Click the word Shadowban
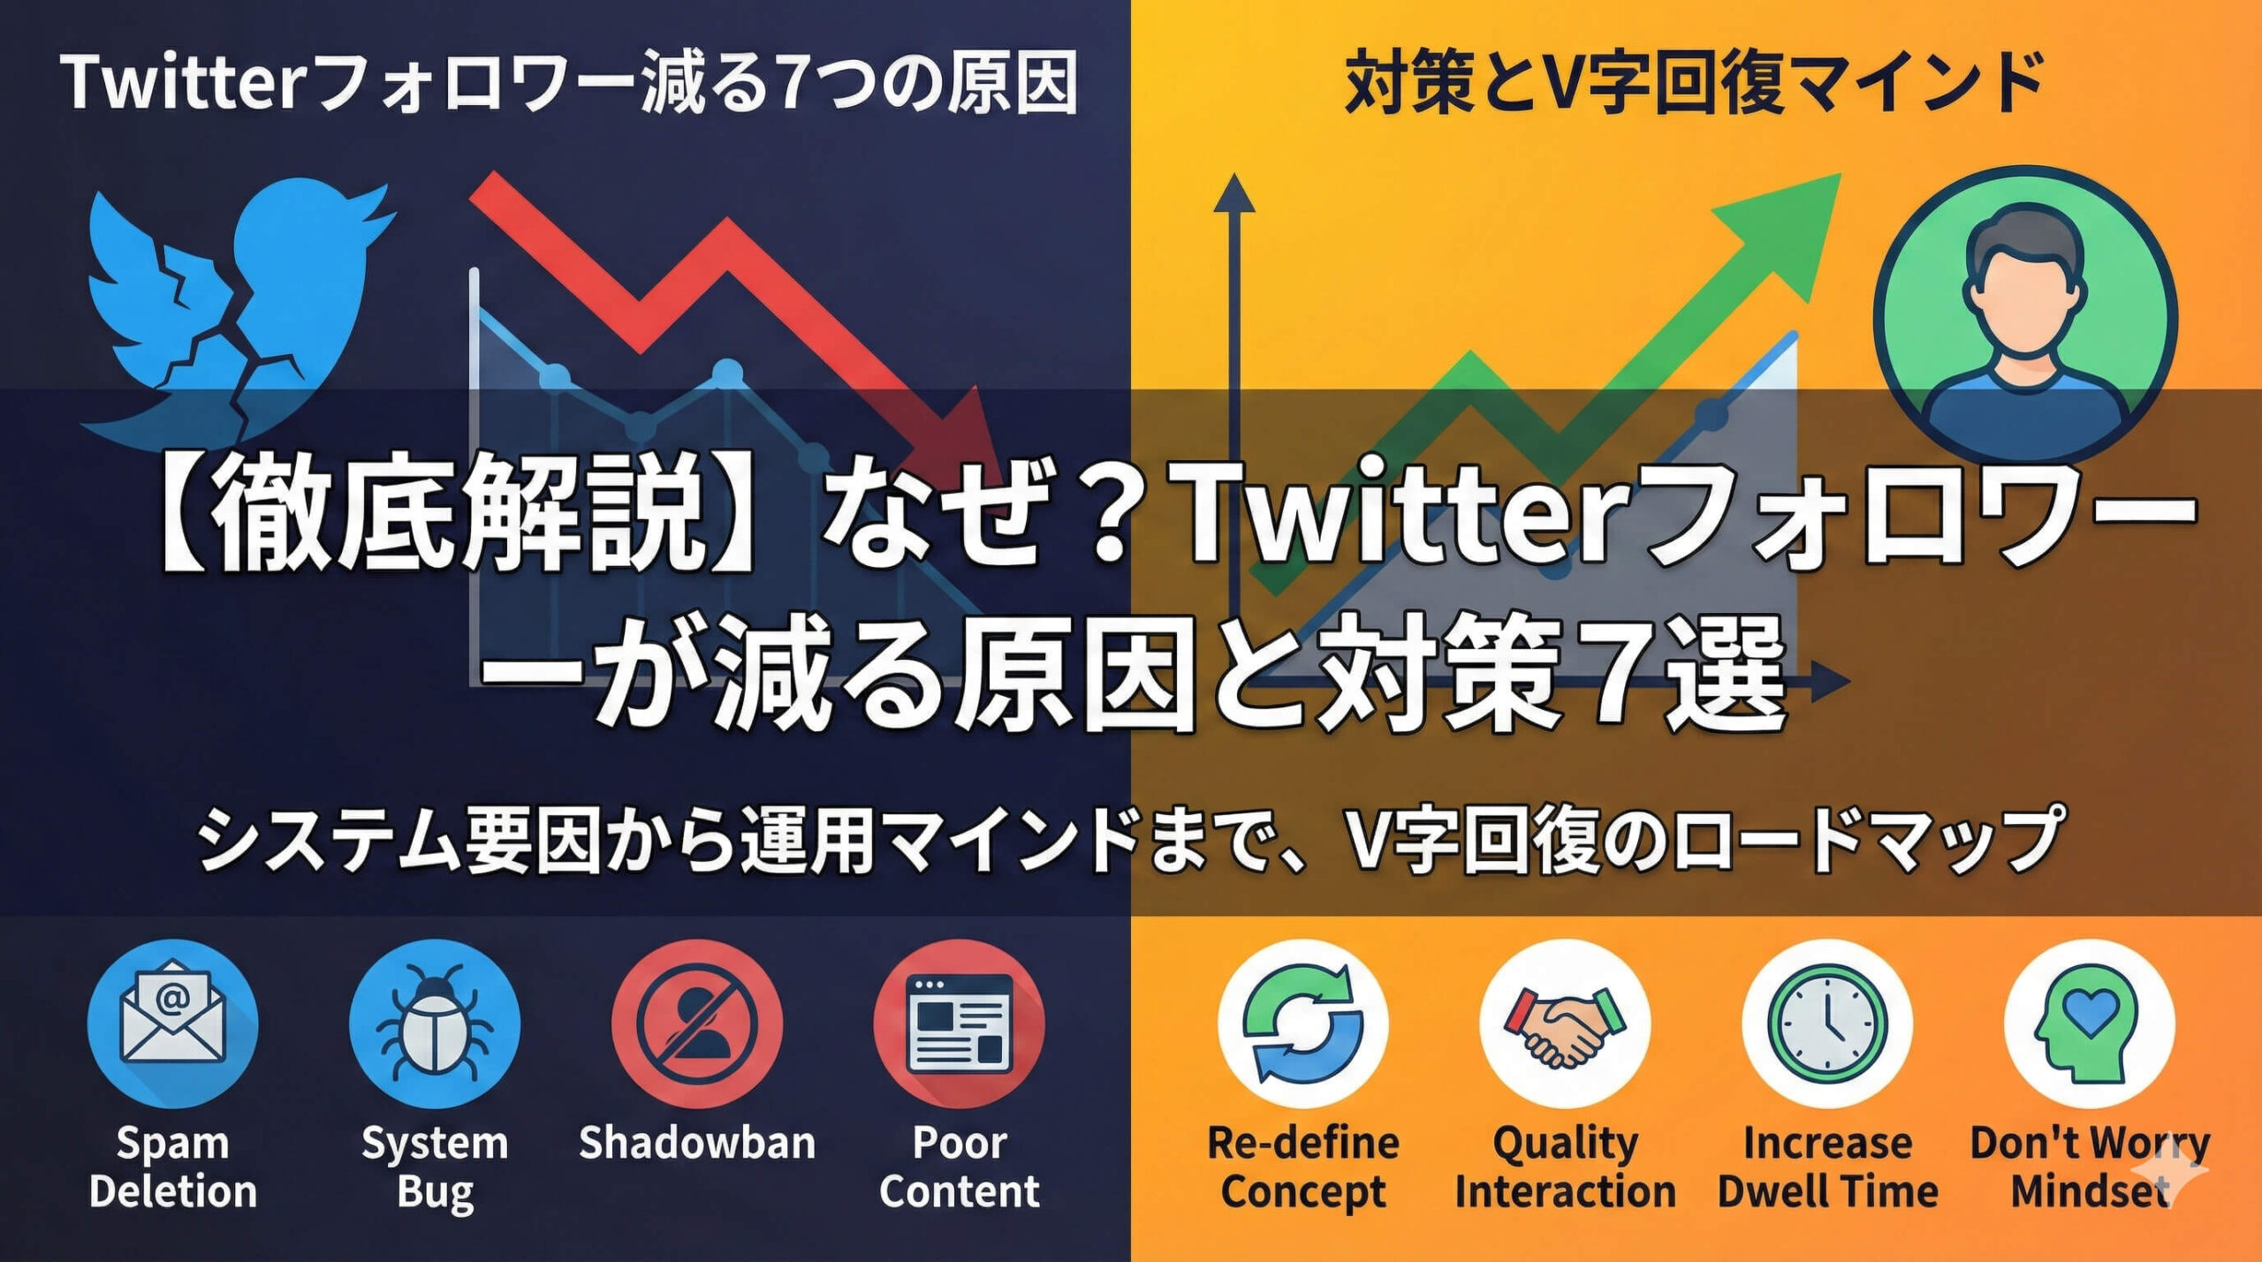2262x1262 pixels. (696, 1143)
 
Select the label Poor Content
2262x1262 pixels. (959, 1167)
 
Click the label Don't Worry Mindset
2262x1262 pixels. (2089, 1167)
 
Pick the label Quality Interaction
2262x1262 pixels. (1565, 1167)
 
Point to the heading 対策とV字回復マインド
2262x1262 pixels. (1695, 83)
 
